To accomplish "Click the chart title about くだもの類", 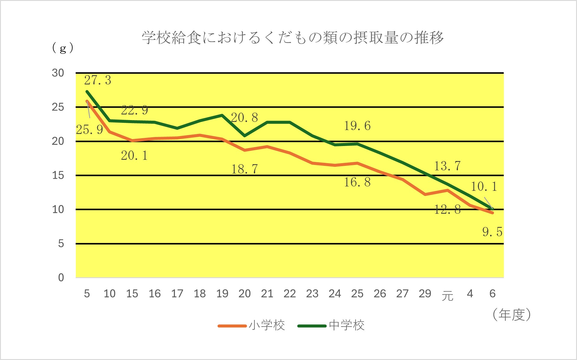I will [293, 38].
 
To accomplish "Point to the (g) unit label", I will [63, 48].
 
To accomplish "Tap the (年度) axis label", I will [511, 315].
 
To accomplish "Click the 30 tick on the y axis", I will [58, 73].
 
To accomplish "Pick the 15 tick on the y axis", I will [58, 175].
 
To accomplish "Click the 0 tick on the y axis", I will [61, 278].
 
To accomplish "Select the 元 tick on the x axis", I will [447, 296].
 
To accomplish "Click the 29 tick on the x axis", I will [425, 293].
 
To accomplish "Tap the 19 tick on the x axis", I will [222, 293].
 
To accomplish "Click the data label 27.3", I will [97, 80].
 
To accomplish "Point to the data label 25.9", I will [89, 130].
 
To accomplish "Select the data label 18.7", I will [245, 169].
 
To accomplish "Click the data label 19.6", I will [357, 126].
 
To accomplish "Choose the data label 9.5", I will [492, 232].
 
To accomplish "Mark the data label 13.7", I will [447, 166].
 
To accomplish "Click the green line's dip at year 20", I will [245, 136].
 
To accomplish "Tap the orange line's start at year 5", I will [87, 101].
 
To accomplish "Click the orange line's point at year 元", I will [447, 190].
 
